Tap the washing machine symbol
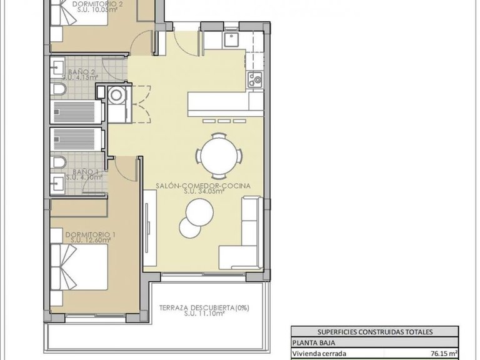coord(116,94)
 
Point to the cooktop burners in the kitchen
coord(254,79)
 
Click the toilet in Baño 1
coord(58,162)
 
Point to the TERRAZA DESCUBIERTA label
coord(197,307)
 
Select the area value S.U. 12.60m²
coord(91,240)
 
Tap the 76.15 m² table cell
coord(445,352)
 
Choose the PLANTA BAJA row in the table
coord(375,342)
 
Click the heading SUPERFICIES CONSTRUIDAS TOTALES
coord(375,332)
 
